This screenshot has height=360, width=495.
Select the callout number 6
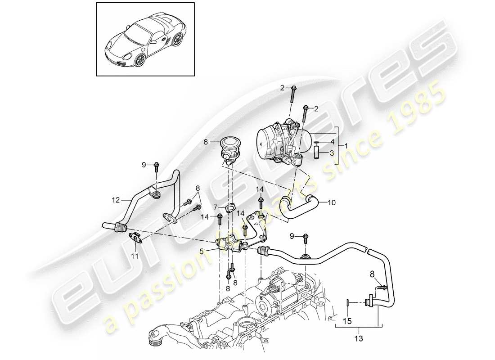tap(206, 141)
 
